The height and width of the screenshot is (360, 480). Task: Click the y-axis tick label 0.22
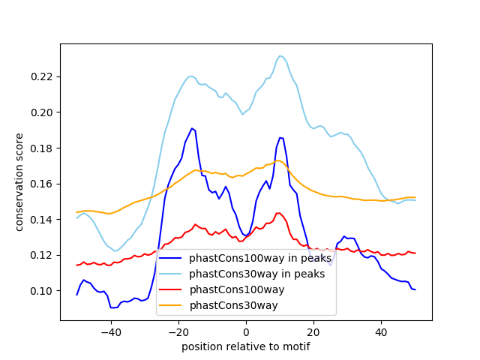(x=42, y=76)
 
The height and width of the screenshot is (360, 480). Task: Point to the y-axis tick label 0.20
(x=42, y=112)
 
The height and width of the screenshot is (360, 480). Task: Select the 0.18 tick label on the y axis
(x=42, y=148)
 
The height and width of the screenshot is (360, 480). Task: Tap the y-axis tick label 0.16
(x=42, y=184)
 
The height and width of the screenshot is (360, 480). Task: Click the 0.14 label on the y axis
(x=42, y=220)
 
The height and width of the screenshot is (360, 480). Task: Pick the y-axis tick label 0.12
(x=42, y=255)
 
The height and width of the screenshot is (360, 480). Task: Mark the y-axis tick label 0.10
(x=42, y=291)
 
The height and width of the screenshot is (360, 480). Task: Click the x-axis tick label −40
(x=111, y=332)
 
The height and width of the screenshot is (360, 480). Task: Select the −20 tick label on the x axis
(x=178, y=332)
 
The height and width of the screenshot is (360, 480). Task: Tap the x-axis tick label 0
(x=246, y=332)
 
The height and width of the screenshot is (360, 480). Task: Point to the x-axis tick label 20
(x=313, y=332)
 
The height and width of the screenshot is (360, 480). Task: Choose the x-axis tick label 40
(x=382, y=332)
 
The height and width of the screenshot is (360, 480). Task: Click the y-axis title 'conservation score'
(x=19, y=182)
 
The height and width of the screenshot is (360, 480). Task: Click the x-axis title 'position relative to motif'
(x=246, y=346)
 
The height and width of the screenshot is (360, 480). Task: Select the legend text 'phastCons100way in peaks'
(x=260, y=258)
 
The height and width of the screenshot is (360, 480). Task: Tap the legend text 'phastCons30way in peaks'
(x=256, y=274)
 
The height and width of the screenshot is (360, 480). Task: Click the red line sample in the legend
(x=170, y=289)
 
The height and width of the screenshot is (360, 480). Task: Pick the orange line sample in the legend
(x=170, y=305)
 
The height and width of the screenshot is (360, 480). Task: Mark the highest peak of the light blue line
(x=280, y=55)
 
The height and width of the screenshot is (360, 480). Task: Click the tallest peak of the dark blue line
(x=192, y=128)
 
